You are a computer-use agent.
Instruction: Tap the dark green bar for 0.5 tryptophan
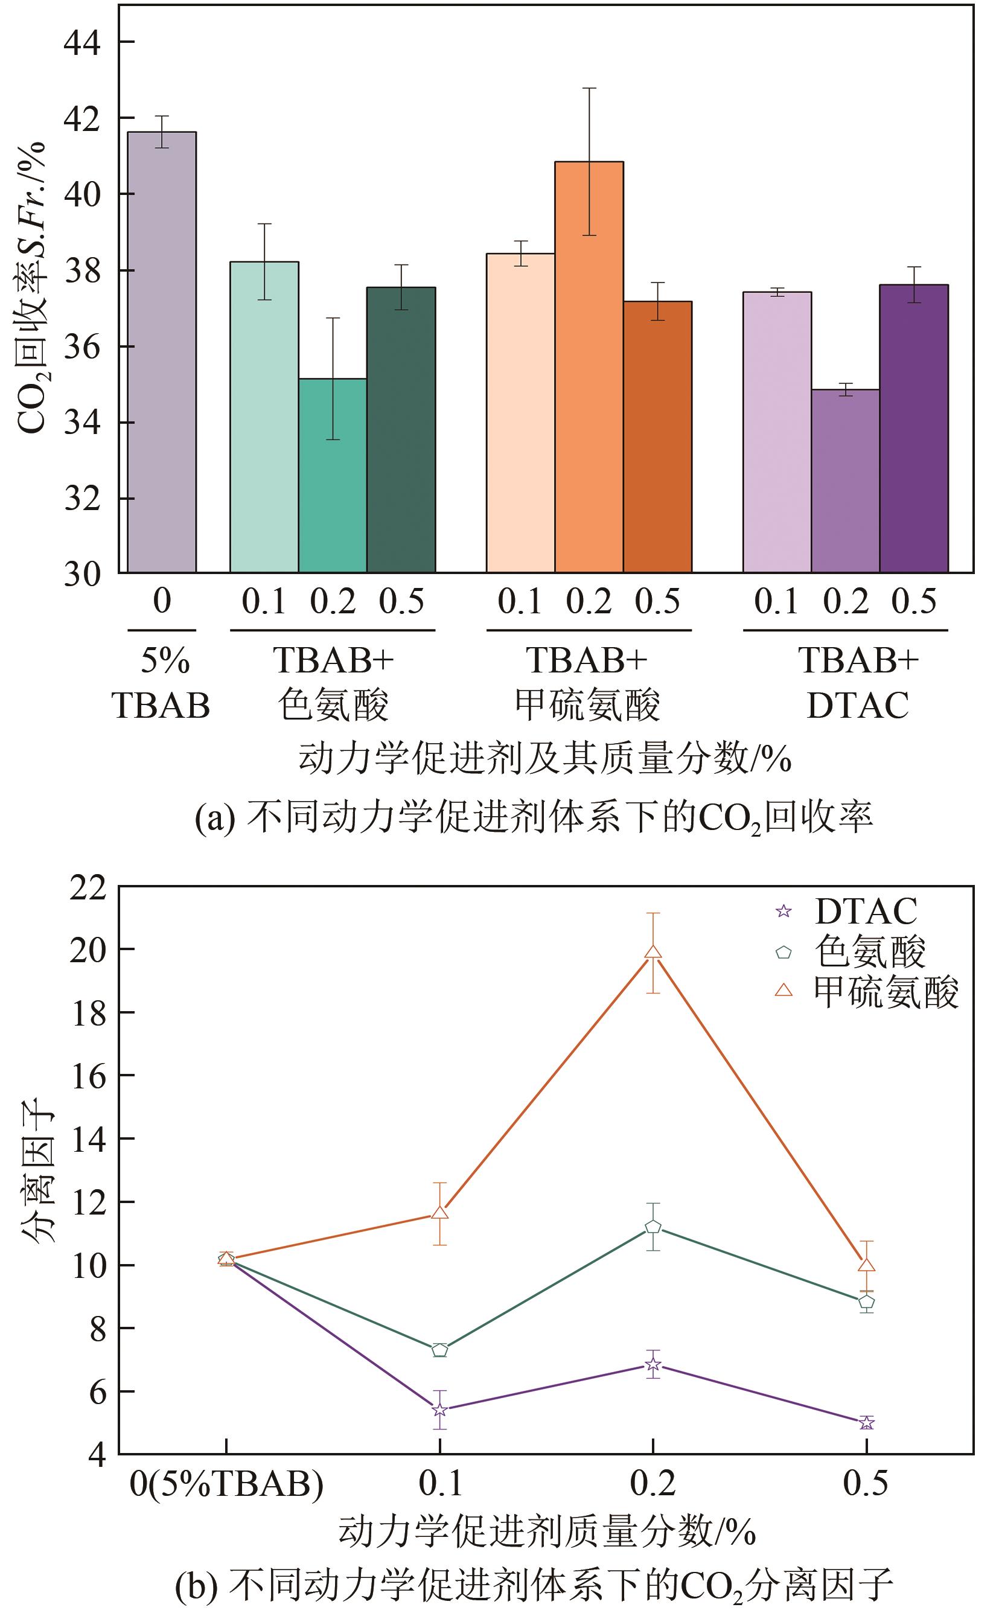(x=401, y=429)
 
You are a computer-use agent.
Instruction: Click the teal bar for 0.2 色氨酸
(x=333, y=475)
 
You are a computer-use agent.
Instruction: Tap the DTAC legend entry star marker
(x=784, y=912)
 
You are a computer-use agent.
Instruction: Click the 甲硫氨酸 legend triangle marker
(x=784, y=989)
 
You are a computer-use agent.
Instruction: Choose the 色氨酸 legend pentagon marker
(x=784, y=952)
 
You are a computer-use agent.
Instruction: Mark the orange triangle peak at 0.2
(x=653, y=952)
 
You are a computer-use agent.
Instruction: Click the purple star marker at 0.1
(x=440, y=1410)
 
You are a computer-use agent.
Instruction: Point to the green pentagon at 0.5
(x=866, y=1302)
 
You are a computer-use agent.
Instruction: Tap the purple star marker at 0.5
(x=866, y=1423)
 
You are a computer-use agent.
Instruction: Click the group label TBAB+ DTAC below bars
(x=858, y=682)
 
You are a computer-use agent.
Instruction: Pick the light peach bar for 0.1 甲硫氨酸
(x=521, y=412)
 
